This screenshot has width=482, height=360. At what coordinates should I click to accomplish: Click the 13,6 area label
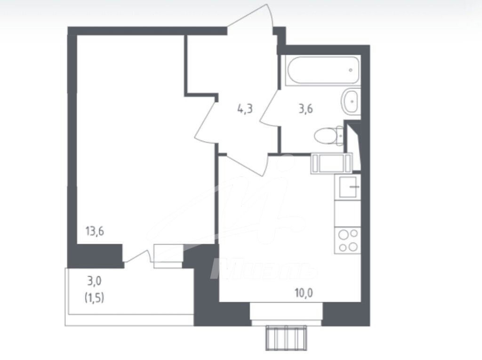95,231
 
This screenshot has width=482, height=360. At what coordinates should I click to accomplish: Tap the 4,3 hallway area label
245,109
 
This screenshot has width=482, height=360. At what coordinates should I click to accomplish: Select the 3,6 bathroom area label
306,109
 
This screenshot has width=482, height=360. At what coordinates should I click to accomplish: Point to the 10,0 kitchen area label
304,293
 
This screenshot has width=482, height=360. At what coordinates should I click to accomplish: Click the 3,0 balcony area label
94,280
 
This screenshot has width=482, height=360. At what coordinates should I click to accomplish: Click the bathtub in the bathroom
322,71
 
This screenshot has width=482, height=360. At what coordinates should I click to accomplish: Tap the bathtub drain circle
351,70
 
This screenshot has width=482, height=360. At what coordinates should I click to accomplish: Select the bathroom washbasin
350,101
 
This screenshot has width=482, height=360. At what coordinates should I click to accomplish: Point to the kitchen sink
348,187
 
